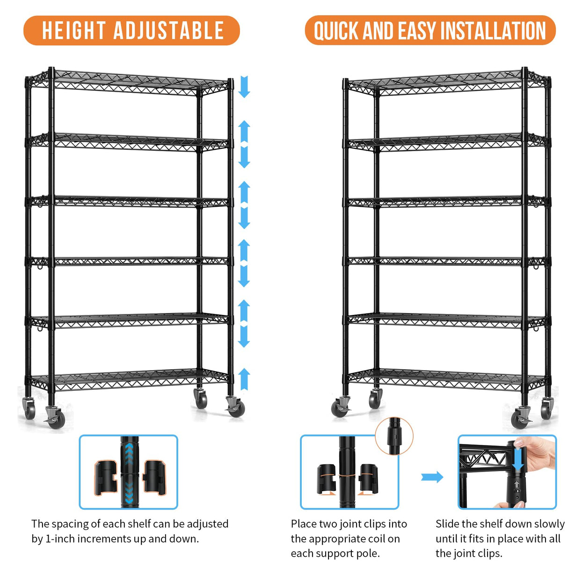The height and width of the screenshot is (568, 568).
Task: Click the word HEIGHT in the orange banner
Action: pyautogui.click(x=73, y=31)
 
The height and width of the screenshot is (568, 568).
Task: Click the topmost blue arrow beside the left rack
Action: pyautogui.click(x=244, y=87)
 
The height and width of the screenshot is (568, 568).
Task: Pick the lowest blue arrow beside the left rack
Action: pyautogui.click(x=244, y=379)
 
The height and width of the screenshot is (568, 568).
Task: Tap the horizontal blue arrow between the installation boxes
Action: pyautogui.click(x=432, y=477)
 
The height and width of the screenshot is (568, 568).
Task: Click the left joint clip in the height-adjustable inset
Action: pyautogui.click(x=106, y=478)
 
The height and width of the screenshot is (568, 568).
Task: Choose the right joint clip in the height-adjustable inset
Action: pyautogui.click(x=154, y=477)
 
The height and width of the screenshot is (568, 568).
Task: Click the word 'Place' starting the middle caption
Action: pyautogui.click(x=304, y=524)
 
